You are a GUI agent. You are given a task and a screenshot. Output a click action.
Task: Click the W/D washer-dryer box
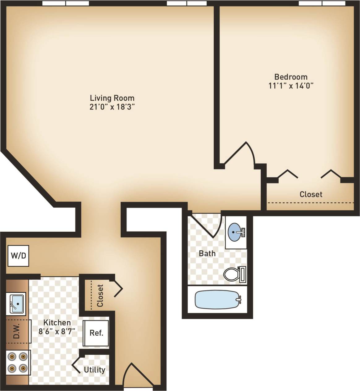pos(19,256)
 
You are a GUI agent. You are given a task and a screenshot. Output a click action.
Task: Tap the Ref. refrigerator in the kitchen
pos(96,333)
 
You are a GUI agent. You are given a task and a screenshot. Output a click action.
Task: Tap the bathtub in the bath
pos(218,299)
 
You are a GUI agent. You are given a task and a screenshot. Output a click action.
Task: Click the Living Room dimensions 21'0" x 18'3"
pos(112,107)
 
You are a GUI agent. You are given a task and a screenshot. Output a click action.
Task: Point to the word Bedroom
pos(291,76)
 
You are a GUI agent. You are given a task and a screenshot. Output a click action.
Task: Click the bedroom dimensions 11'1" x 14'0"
pos(291,85)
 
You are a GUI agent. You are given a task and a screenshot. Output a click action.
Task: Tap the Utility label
pos(94,370)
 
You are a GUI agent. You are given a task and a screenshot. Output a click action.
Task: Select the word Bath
pos(207,253)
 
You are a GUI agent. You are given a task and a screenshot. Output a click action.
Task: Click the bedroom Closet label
pos(311,194)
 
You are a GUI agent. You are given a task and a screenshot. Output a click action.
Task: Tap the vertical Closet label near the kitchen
pos(100,295)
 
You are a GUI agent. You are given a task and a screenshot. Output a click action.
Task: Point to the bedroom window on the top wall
pos(322,3)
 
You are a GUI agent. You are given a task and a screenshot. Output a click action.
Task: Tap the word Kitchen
pos(57,323)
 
